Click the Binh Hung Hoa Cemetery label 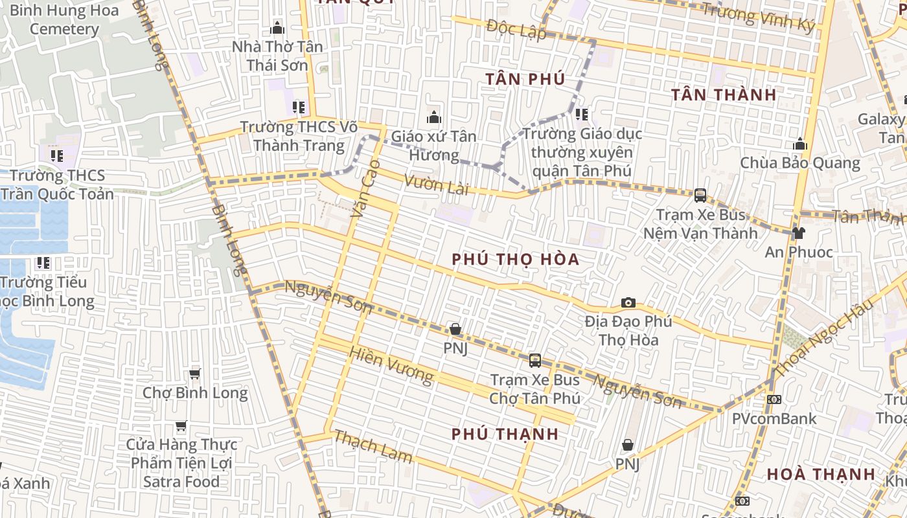pyautogui.click(x=64, y=19)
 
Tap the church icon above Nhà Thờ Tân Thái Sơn pyautogui.click(x=277, y=28)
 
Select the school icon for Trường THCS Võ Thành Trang pyautogui.click(x=298, y=107)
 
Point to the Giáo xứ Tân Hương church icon pyautogui.click(x=433, y=117)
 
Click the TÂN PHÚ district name pyautogui.click(x=525, y=79)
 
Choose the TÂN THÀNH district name pyautogui.click(x=723, y=95)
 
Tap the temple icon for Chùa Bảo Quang pyautogui.click(x=800, y=144)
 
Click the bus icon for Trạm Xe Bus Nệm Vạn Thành pyautogui.click(x=700, y=195)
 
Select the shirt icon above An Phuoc pyautogui.click(x=798, y=233)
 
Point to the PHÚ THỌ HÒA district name pyautogui.click(x=515, y=259)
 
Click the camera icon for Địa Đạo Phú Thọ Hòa pyautogui.click(x=628, y=302)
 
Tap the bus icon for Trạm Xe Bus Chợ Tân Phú pyautogui.click(x=535, y=361)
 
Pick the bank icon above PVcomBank pyautogui.click(x=774, y=400)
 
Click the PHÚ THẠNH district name pyautogui.click(x=505, y=434)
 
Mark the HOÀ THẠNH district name pyautogui.click(x=821, y=474)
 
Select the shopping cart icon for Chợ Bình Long pyautogui.click(x=194, y=374)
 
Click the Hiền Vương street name pyautogui.click(x=391, y=365)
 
